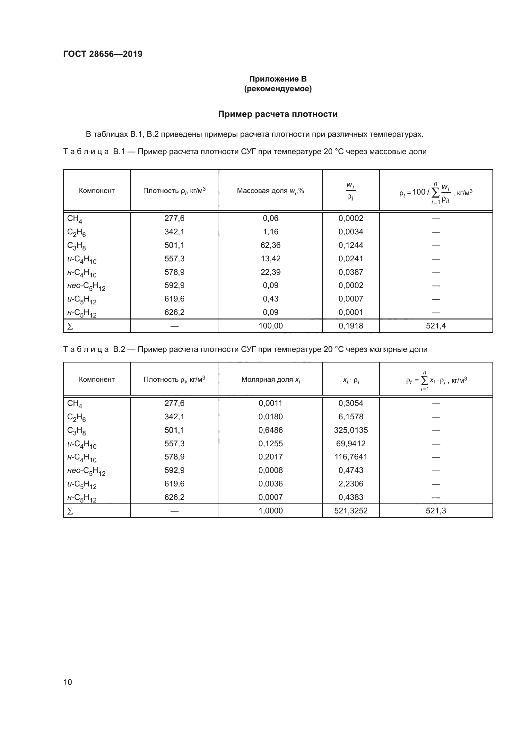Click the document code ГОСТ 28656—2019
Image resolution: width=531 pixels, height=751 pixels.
pos(103,54)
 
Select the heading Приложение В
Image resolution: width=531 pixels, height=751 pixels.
pos(278,79)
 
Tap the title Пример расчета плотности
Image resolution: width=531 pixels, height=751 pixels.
pos(278,114)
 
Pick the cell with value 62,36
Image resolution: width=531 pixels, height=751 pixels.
pos(270,245)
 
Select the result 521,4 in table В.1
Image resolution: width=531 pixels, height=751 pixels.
pos(436,326)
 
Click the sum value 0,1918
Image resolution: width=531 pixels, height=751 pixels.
pos(351,326)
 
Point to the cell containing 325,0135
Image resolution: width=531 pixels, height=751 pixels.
pos(351,430)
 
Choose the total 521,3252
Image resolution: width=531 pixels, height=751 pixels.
pos(351,511)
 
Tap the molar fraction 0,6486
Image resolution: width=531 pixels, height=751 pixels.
pos(270,430)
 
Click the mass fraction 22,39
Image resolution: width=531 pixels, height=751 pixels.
pos(270,272)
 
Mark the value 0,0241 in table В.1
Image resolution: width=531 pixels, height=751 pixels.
pos(351,259)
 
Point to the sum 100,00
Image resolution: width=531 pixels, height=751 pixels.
pos(270,326)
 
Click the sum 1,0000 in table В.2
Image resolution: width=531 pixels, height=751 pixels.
pos(270,511)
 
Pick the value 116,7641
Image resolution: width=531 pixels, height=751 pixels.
pos(351,457)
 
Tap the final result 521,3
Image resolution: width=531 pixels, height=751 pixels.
pos(436,511)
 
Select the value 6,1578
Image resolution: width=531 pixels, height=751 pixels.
pos(351,417)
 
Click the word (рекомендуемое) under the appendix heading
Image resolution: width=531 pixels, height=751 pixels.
pos(278,89)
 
